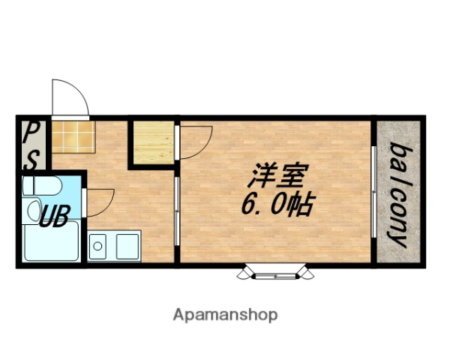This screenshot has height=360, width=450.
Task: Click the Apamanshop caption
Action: tap(226, 314)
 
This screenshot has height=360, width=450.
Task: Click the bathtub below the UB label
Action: tap(50, 243)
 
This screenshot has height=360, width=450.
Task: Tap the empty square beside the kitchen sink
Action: tap(127, 246)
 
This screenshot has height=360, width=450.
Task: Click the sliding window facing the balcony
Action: tap(373, 192)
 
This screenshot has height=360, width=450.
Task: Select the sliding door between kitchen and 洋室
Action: tap(176, 210)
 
